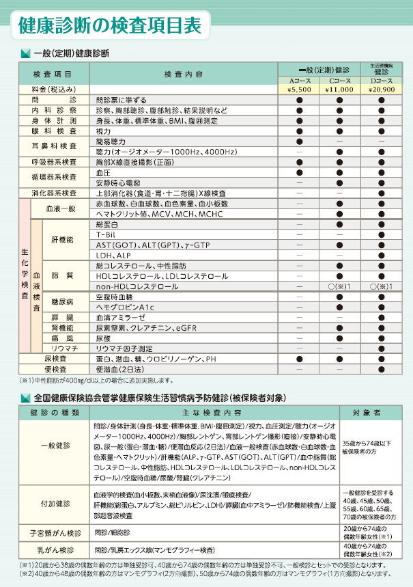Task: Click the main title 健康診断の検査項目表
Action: tap(110, 26)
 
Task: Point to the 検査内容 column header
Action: tap(184, 73)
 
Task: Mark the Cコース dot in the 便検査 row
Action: tap(339, 368)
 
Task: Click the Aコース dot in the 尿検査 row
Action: tap(299, 358)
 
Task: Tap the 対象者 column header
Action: tap(367, 413)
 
